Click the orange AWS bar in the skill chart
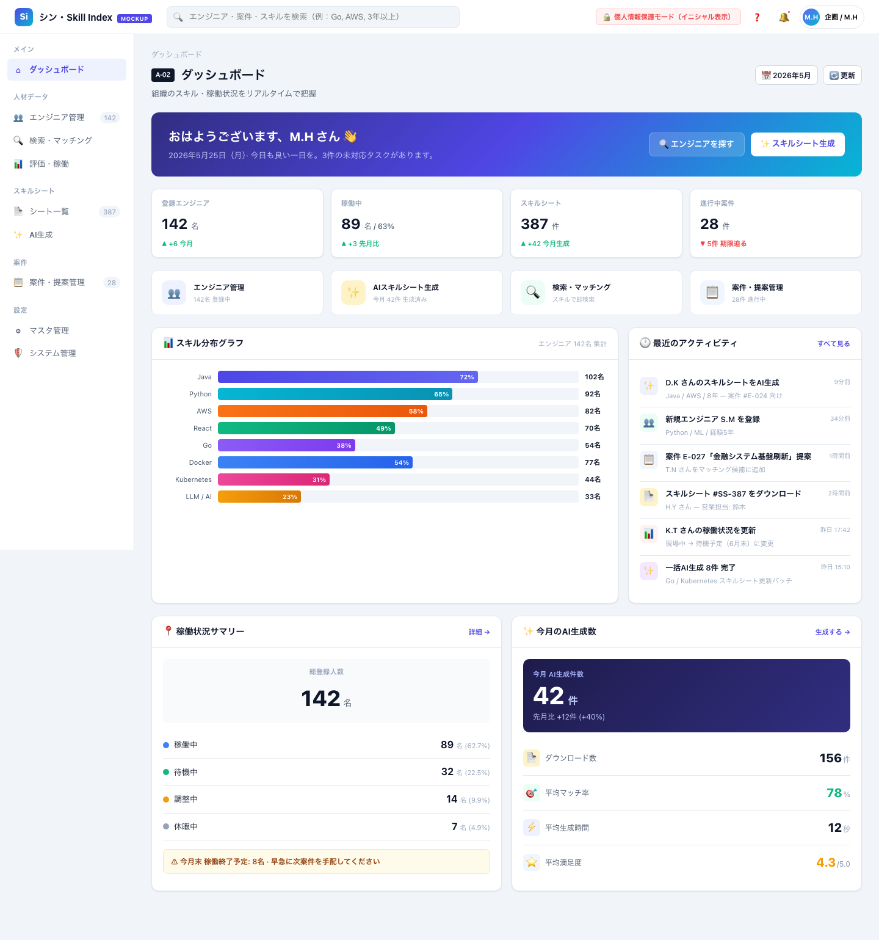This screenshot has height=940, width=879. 322,411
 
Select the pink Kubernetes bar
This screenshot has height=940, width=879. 273,479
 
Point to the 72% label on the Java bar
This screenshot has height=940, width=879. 467,377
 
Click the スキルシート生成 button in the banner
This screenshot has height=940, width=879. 798,144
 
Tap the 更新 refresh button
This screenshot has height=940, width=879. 842,75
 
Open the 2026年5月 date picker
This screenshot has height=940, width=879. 786,75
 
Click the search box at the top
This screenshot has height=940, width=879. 313,17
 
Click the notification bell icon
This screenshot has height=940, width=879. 784,17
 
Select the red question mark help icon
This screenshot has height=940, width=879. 757,17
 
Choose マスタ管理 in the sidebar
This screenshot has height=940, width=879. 49,330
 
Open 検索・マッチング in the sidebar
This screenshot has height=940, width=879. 60,140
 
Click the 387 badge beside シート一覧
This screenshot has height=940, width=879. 110,212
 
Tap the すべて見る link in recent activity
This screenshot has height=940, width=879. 834,344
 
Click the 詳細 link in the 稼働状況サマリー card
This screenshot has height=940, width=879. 479,632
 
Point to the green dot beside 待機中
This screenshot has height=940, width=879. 166,772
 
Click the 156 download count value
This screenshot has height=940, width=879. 830,758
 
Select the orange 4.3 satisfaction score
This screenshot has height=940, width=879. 826,862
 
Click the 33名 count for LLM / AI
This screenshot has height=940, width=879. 593,497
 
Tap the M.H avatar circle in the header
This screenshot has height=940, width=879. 811,17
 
